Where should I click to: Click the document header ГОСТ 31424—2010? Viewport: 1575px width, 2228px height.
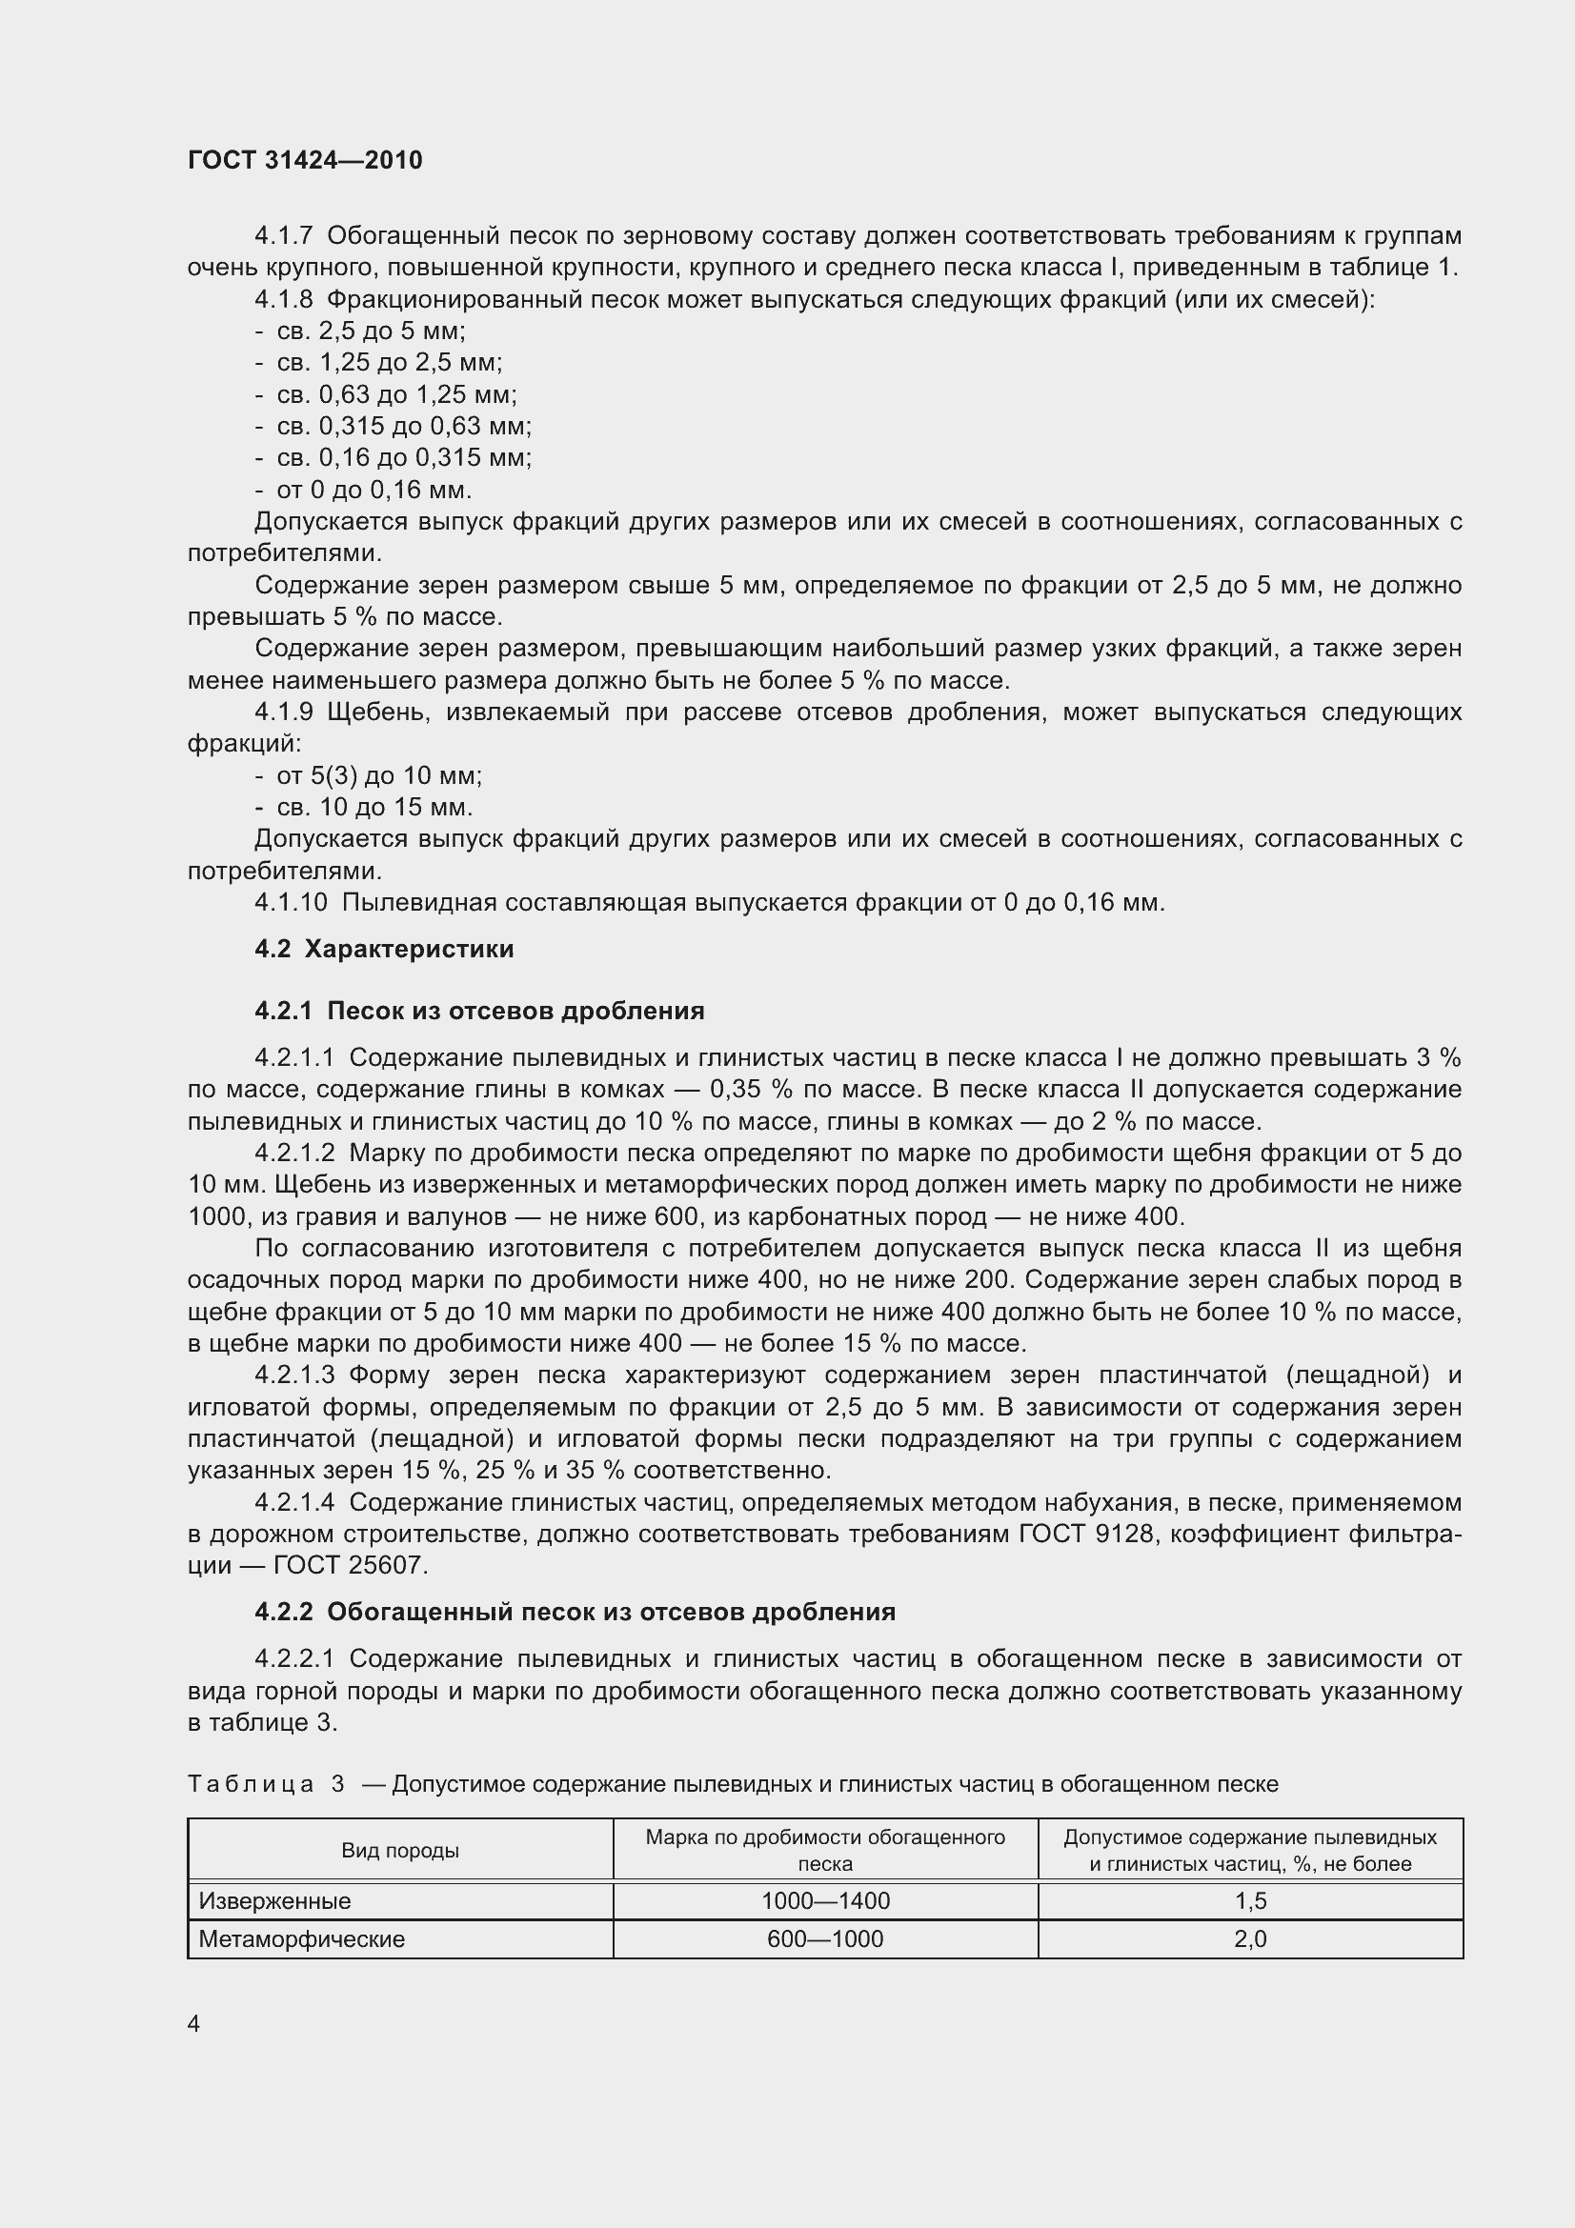point(305,160)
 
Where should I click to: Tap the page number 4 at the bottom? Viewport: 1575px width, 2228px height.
point(194,2023)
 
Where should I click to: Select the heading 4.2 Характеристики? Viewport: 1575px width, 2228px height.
point(384,949)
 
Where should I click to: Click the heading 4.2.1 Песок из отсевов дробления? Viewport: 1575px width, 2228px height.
point(479,1012)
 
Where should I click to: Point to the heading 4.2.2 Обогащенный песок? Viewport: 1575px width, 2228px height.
point(575,1612)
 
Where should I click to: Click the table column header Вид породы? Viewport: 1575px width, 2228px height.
point(400,1851)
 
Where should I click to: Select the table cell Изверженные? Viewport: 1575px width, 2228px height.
point(274,1901)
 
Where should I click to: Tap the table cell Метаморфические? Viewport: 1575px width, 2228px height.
point(302,1938)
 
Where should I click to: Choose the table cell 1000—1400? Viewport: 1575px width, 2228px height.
point(825,1901)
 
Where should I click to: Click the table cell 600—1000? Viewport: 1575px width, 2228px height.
point(825,1938)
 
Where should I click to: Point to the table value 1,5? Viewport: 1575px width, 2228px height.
point(1250,1901)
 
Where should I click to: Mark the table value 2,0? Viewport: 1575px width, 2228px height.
point(1250,1938)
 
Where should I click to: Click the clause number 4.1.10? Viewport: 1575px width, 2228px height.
point(292,902)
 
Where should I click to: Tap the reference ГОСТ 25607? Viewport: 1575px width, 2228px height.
point(351,1565)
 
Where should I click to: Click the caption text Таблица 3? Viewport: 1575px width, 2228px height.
point(266,1783)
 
